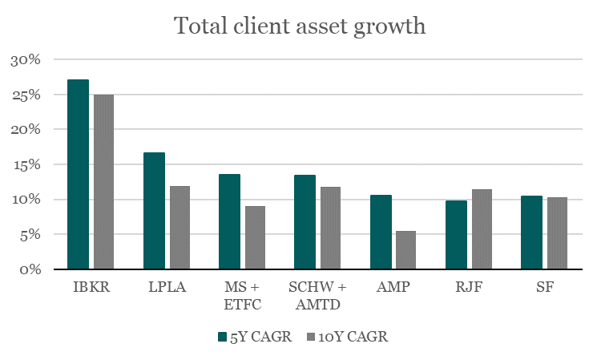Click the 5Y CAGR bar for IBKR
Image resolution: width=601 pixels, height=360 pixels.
(x=78, y=175)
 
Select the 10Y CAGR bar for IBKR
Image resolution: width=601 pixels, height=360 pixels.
(x=103, y=182)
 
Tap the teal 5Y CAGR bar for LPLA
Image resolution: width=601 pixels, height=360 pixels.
(x=154, y=211)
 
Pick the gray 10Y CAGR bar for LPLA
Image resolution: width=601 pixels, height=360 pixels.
(x=179, y=228)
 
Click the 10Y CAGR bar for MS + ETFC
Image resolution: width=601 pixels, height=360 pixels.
(x=255, y=237)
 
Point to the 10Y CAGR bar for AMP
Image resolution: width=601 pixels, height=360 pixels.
(x=406, y=250)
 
